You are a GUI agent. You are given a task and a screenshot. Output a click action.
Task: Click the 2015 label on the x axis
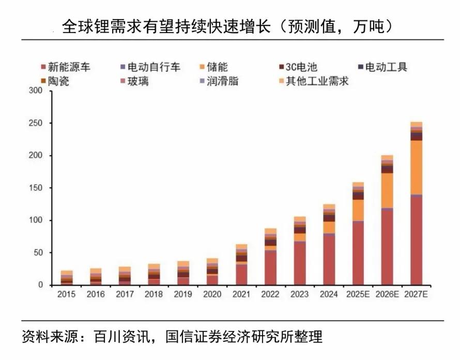(67, 294)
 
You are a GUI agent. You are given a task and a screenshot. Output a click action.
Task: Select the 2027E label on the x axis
(416, 294)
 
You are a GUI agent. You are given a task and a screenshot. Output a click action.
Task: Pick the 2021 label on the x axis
(241, 294)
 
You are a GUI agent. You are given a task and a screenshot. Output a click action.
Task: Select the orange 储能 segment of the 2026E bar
(387, 190)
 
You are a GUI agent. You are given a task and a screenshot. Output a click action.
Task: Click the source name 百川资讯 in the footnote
(123, 337)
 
